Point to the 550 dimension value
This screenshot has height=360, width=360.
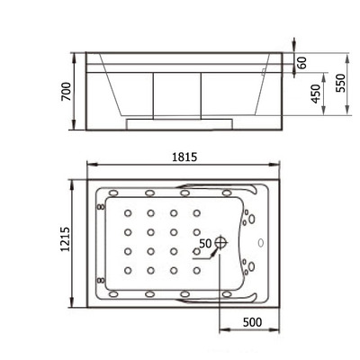[340, 83]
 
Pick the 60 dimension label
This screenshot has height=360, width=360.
[301, 62]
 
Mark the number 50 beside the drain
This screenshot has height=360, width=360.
[204, 243]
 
